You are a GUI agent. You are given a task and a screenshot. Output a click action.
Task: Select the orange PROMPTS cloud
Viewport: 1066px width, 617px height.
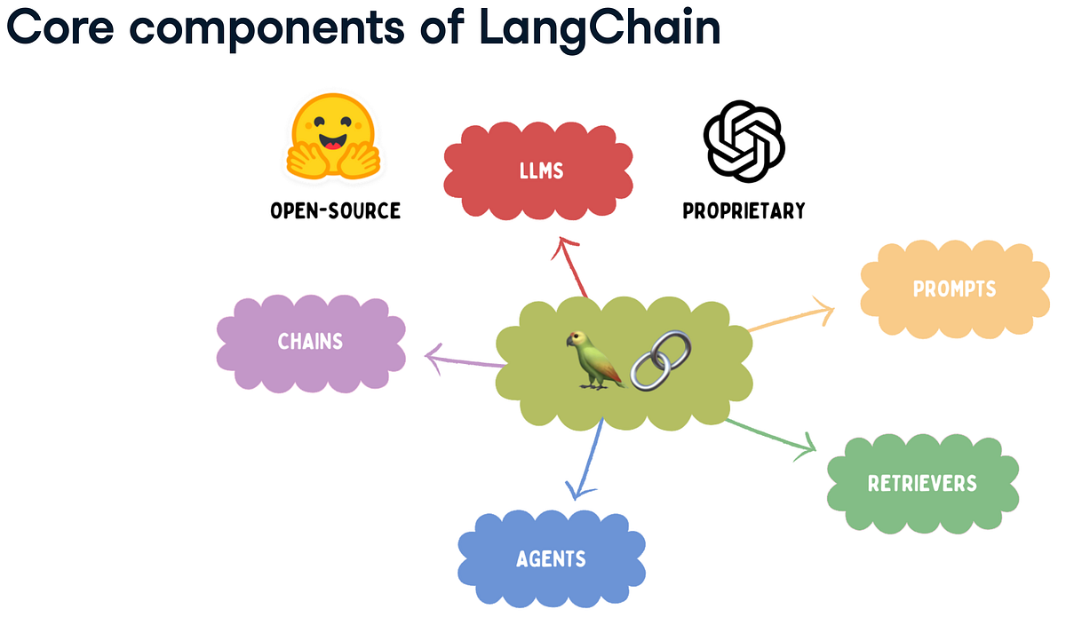click(x=954, y=289)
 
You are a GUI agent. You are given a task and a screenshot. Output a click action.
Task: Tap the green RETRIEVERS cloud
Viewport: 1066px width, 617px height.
click(x=921, y=483)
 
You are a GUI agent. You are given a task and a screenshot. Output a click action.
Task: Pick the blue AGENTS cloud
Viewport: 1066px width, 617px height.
click(x=551, y=558)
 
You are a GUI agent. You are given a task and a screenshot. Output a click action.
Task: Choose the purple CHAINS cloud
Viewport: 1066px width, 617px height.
click(x=310, y=341)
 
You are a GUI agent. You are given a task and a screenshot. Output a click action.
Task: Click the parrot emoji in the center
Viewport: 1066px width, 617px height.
click(x=591, y=359)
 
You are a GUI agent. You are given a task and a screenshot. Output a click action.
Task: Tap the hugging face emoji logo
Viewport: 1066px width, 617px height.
click(x=334, y=137)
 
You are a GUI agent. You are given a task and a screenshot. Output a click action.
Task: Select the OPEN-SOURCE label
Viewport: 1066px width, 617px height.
click(x=335, y=210)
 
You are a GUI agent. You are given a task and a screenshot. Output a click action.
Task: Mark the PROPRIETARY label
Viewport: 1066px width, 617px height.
click(x=744, y=210)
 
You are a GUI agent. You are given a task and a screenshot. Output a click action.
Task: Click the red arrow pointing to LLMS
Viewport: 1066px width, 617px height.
click(x=571, y=266)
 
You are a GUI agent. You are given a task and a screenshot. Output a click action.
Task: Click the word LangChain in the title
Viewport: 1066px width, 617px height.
click(x=599, y=29)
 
